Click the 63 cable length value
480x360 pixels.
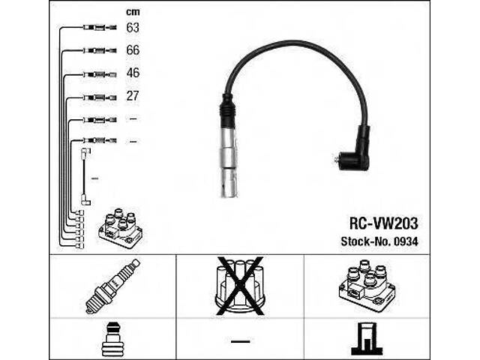click(x=133, y=28)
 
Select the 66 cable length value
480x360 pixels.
click(x=133, y=50)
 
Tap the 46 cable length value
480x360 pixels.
click(x=133, y=73)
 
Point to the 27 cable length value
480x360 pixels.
click(x=133, y=96)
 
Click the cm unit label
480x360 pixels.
click(x=133, y=12)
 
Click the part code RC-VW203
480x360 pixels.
click(x=383, y=223)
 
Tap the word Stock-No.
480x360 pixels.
click(x=365, y=241)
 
